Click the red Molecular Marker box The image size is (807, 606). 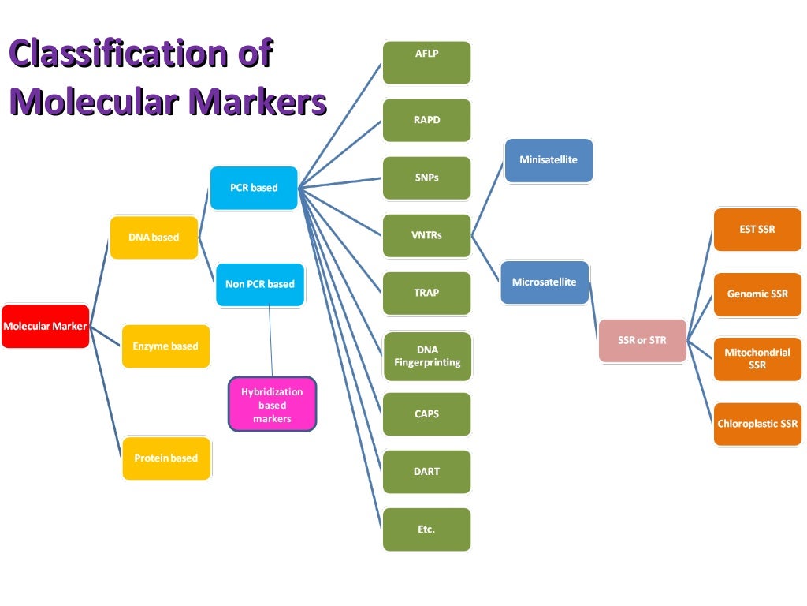tap(45, 326)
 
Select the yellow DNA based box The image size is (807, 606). tap(154, 237)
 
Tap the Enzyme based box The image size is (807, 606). tap(165, 346)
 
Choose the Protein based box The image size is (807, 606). tap(166, 458)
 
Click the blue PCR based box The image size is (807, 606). tap(254, 188)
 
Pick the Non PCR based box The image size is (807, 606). tap(259, 284)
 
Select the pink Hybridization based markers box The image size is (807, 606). tap(272, 405)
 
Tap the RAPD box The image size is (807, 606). tap(426, 120)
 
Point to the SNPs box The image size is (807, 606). tap(426, 178)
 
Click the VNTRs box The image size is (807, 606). tap(426, 235)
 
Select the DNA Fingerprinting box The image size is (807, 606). tap(426, 356)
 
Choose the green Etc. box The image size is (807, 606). tap(426, 529)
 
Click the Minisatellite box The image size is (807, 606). tap(549, 160)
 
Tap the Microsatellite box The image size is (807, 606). tap(545, 282)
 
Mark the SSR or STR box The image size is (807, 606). tap(642, 340)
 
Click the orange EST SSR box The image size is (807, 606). tap(757, 230)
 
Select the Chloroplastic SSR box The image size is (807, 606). tap(757, 424)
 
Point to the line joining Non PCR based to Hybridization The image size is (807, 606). tap(270, 339)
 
